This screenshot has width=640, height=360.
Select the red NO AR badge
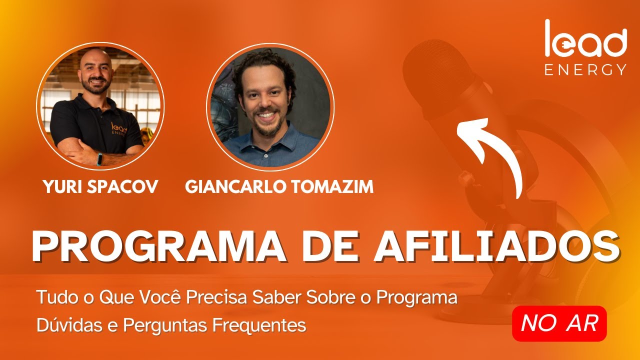pyautogui.click(x=559, y=323)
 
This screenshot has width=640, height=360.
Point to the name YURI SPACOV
pyautogui.click(x=100, y=187)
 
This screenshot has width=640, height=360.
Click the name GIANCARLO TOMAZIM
pyautogui.click(x=279, y=187)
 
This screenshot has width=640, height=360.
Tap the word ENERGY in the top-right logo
pyautogui.click(x=585, y=69)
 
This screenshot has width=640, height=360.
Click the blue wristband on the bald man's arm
pyautogui.click(x=100, y=158)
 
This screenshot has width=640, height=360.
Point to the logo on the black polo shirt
pyautogui.click(x=119, y=129)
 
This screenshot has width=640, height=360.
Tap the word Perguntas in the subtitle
pyautogui.click(x=165, y=325)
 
